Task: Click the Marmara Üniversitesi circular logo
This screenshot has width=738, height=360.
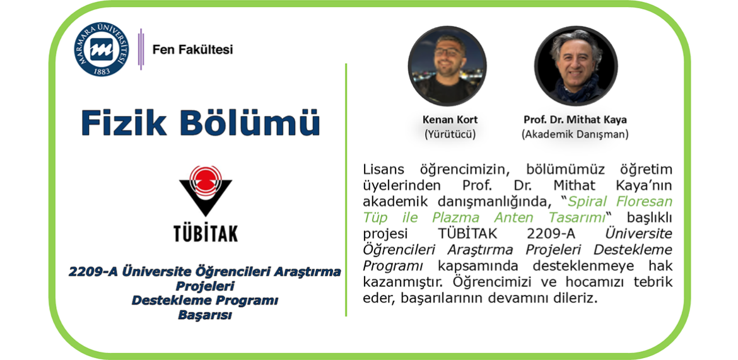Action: coord(101,50)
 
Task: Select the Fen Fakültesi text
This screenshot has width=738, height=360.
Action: coord(192,49)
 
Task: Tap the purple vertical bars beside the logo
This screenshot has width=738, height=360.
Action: coord(140,49)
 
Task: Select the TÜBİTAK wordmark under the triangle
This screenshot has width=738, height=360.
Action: coord(206,232)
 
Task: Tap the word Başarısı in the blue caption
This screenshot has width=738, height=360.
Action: coord(205,315)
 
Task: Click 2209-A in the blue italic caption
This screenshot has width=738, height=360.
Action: coord(93,272)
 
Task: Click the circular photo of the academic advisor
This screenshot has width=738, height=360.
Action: coord(576,66)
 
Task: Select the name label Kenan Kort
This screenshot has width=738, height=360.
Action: coord(450,120)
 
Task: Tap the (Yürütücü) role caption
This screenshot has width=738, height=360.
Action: coord(450,134)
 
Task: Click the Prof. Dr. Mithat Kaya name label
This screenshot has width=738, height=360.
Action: coord(575,120)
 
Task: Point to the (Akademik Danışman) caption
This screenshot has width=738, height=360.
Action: coord(575,134)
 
